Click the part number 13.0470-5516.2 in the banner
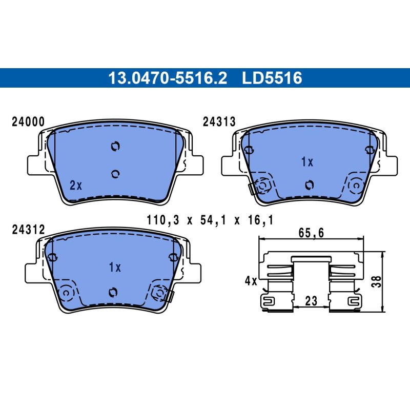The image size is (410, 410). point(168,78)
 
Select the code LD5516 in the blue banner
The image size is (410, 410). point(272,78)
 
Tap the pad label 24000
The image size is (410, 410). point(28,122)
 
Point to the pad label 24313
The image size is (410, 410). point(219,122)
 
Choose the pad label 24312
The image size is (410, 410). point(28,230)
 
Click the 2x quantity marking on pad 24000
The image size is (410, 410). point(76,186)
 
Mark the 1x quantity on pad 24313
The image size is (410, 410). point(307,162)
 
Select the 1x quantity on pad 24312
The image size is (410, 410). point(115,267)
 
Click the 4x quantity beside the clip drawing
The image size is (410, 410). point(251,281)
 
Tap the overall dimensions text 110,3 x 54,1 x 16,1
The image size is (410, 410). point(210,220)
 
